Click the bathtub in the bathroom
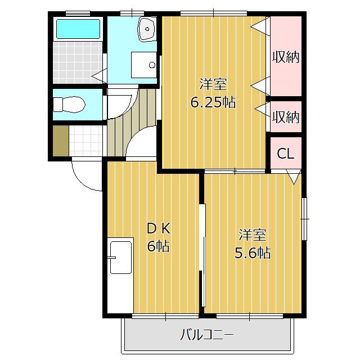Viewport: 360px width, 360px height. tap(78, 29)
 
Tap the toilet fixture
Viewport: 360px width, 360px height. tap(69, 105)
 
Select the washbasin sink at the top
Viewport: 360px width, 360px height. tap(147, 29)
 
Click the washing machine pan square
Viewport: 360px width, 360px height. tap(144, 65)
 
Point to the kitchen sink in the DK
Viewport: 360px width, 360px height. tap(121, 258)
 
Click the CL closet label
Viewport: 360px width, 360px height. tap(286, 154)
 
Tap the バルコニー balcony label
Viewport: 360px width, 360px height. tap(206, 334)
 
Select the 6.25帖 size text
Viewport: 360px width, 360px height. tap(213, 102)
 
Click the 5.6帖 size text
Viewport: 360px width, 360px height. tap(253, 253)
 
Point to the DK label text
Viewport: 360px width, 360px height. tap(159, 229)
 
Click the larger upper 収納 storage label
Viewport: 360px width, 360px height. tap(286, 57)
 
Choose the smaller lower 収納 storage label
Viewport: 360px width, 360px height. tap(286, 117)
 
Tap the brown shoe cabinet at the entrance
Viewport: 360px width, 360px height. tap(61, 141)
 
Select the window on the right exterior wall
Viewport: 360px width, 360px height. tap(304, 219)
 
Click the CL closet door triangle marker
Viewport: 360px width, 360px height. tap(294, 176)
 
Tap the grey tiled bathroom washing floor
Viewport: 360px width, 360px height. tap(78, 62)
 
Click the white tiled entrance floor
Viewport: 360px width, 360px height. tap(85, 141)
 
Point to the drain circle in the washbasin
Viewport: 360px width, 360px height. tap(147, 29)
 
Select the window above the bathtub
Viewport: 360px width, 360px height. tap(78, 13)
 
